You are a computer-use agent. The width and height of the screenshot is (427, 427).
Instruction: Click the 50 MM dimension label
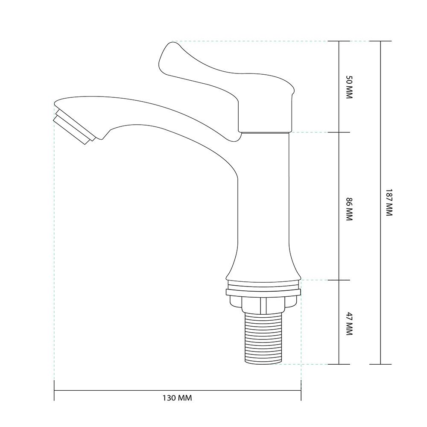click(x=349, y=87)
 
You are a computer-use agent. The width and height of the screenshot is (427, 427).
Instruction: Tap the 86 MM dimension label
click(x=349, y=209)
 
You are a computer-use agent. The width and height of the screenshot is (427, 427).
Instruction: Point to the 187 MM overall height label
click(x=389, y=202)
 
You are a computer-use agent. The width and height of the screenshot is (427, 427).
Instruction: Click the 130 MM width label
click(x=177, y=398)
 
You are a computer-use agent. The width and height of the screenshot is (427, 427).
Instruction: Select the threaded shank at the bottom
click(x=263, y=338)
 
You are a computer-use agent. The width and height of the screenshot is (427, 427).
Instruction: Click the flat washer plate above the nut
click(x=263, y=292)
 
